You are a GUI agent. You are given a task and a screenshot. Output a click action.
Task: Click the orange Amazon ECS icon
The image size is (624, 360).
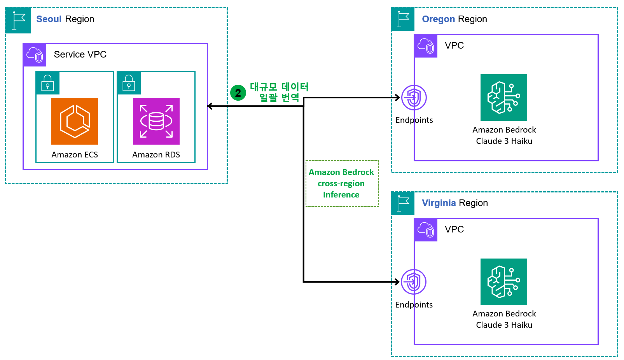75,121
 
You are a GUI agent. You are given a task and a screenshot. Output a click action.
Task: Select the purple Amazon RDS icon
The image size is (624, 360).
156,121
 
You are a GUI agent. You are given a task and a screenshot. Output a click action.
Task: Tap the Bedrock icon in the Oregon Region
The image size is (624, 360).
503,98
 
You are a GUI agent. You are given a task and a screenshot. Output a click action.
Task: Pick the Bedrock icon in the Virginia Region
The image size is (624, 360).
503,282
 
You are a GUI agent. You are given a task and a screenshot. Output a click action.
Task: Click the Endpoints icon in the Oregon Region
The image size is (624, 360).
414,98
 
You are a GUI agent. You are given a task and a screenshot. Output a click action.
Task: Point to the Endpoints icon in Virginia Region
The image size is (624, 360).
414,282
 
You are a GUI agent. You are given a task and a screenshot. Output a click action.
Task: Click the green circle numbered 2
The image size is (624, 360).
238,93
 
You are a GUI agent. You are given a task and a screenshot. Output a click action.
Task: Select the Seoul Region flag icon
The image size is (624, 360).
18,20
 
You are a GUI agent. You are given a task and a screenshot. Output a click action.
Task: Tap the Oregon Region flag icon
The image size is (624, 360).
403,19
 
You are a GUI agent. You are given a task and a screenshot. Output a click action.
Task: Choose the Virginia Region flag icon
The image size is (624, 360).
403,203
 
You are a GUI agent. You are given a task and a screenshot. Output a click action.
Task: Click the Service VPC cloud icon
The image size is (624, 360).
35,54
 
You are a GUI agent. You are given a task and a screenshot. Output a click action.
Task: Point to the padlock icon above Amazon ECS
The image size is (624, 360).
48,83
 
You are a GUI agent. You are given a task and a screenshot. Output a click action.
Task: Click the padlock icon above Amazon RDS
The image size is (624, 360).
129,83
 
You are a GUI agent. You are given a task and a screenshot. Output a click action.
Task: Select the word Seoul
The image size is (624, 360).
49,19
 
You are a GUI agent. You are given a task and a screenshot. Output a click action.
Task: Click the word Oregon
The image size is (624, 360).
439,19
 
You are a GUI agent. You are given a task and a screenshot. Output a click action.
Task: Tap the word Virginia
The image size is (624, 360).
439,203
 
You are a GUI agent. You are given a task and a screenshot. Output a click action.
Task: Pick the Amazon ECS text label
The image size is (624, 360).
75,155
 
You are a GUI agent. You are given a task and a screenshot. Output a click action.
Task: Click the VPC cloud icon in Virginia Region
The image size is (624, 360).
426,230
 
